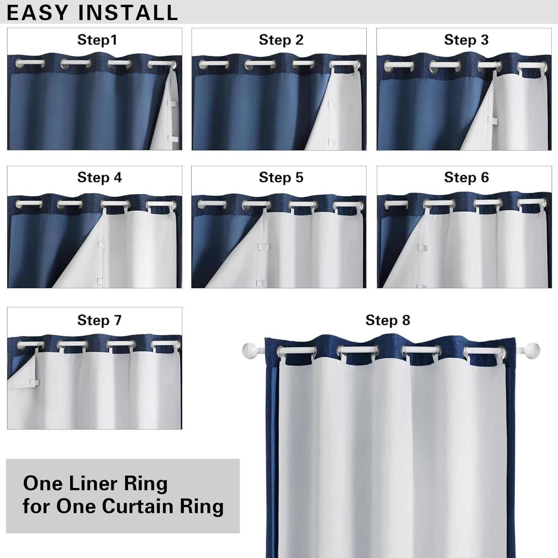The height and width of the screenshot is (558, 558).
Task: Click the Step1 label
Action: [97, 40]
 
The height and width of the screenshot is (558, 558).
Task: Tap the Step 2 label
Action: [281, 40]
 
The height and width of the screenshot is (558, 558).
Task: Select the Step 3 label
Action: [466, 40]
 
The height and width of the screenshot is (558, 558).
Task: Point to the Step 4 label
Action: [99, 177]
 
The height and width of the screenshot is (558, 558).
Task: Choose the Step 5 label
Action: [281, 177]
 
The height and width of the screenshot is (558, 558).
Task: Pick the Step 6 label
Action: [466, 177]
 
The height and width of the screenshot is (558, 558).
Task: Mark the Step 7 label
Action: [99, 320]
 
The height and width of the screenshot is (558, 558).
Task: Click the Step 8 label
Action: [388, 320]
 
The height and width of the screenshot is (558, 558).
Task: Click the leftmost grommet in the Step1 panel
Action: [25, 64]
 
